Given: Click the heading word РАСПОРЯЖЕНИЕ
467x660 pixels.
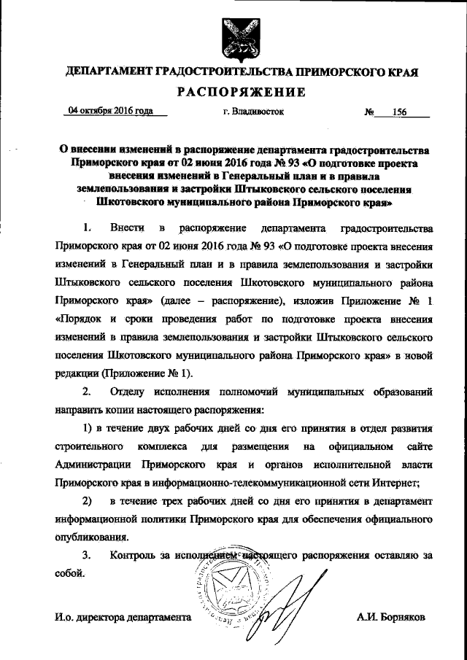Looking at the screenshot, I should pyautogui.click(x=233, y=92).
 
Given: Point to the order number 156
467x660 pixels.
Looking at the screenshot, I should pyautogui.click(x=399, y=113).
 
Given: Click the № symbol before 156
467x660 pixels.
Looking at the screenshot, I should pyautogui.click(x=369, y=113).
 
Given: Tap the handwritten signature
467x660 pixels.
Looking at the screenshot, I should pyautogui.click(x=292, y=591).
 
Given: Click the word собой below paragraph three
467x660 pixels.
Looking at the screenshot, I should pyautogui.click(x=69, y=573).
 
